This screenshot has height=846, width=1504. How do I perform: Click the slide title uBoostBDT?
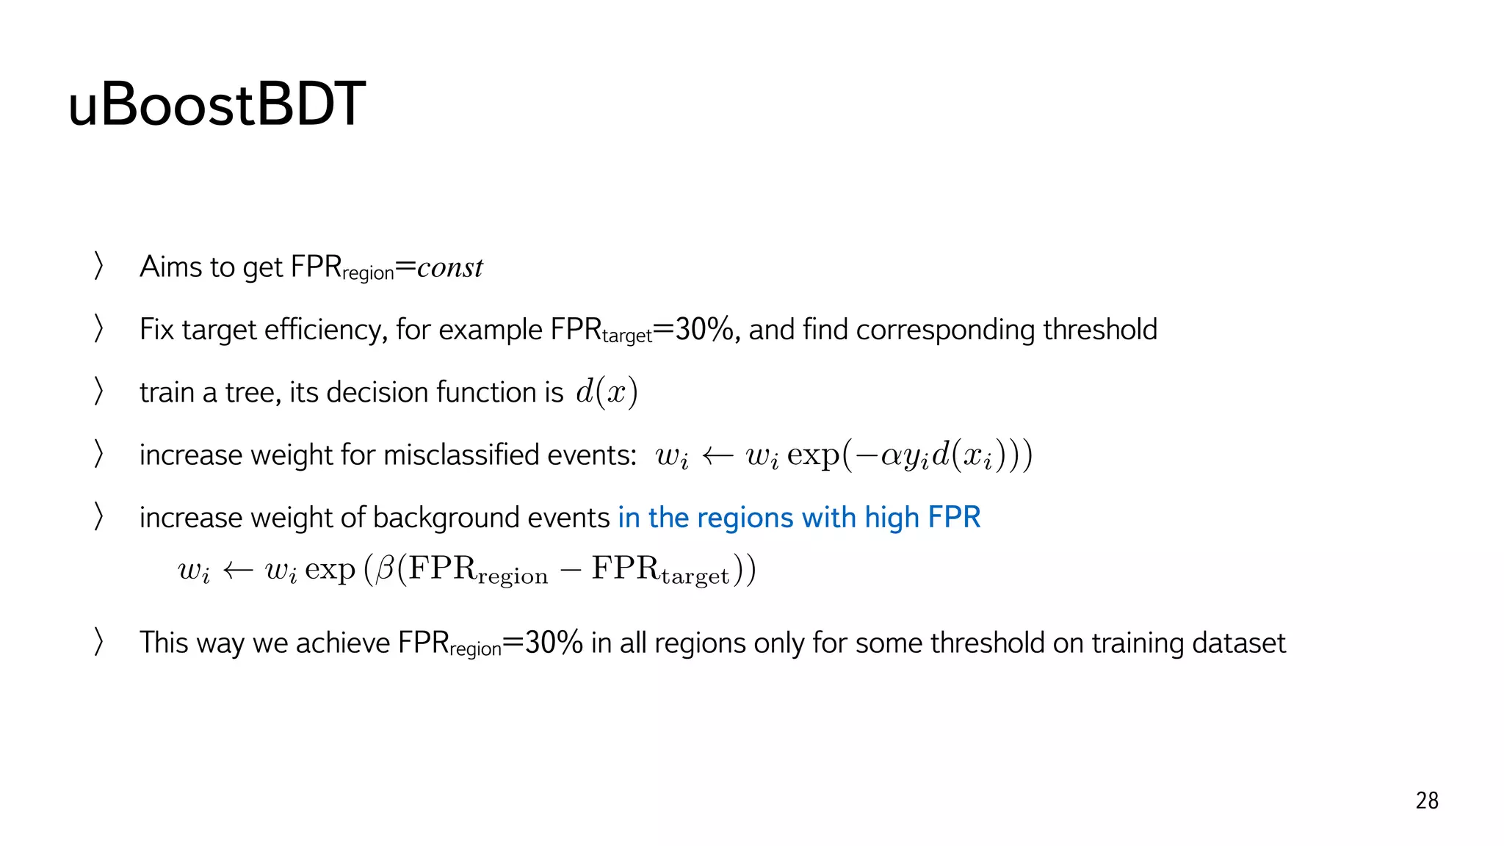click(x=217, y=105)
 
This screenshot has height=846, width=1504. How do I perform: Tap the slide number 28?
click(x=1426, y=800)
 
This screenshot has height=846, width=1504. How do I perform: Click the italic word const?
click(x=450, y=268)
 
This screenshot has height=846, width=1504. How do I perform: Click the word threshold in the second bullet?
click(x=1100, y=330)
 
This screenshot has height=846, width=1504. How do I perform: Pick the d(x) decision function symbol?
click(x=607, y=392)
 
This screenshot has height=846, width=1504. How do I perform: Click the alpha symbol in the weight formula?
click(x=892, y=456)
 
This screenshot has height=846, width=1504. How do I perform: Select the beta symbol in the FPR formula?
click(x=385, y=569)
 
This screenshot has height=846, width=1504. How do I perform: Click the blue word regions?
click(x=745, y=518)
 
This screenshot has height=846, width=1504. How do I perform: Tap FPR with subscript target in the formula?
click(x=660, y=570)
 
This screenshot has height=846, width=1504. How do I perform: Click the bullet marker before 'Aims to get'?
click(x=98, y=266)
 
